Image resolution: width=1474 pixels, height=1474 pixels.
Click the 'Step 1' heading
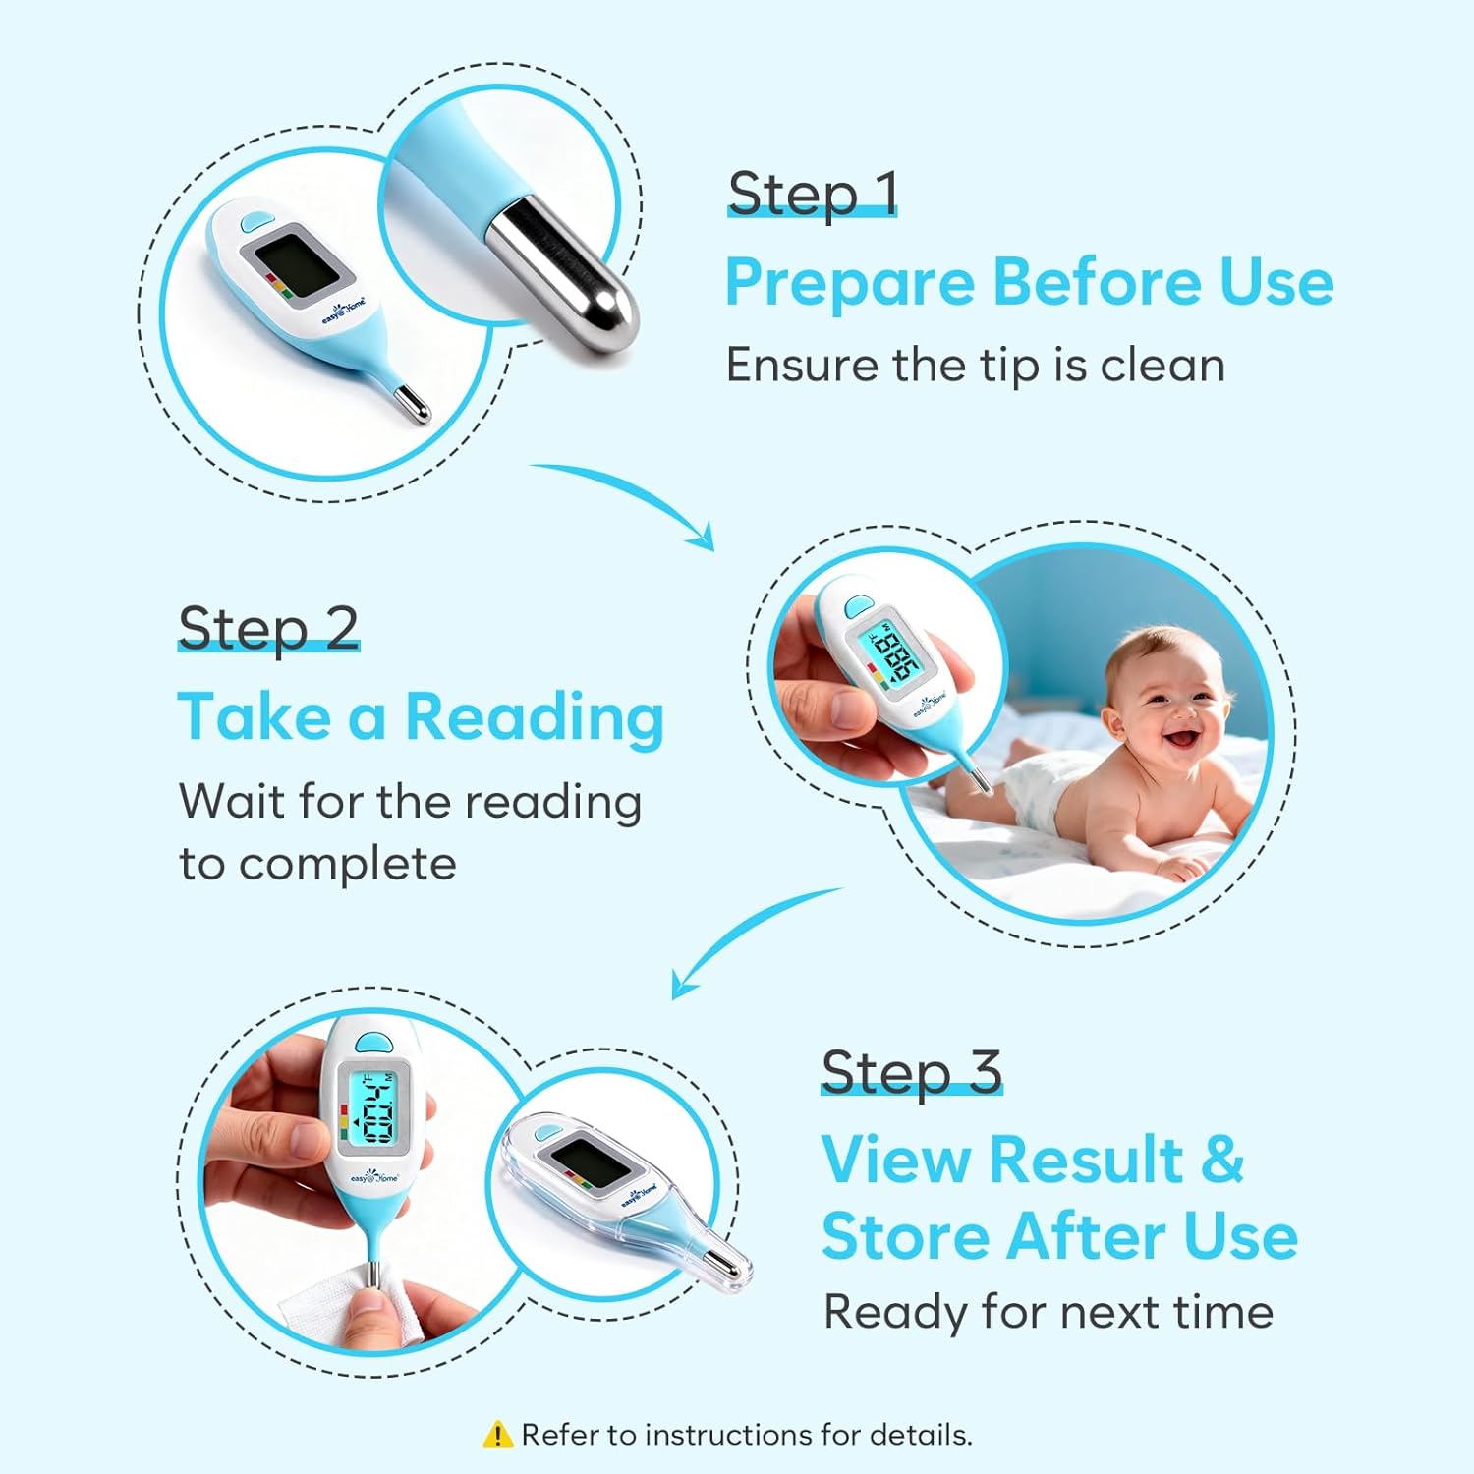812,194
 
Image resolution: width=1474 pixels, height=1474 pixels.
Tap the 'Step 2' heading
268,629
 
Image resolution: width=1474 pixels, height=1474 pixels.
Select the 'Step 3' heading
911,1072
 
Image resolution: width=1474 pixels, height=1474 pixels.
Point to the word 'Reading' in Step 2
535,718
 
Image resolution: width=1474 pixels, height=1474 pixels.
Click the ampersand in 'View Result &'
1221,1160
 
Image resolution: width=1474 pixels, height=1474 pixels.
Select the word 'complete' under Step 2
347,865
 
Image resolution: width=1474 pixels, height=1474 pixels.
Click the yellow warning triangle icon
498,1435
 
